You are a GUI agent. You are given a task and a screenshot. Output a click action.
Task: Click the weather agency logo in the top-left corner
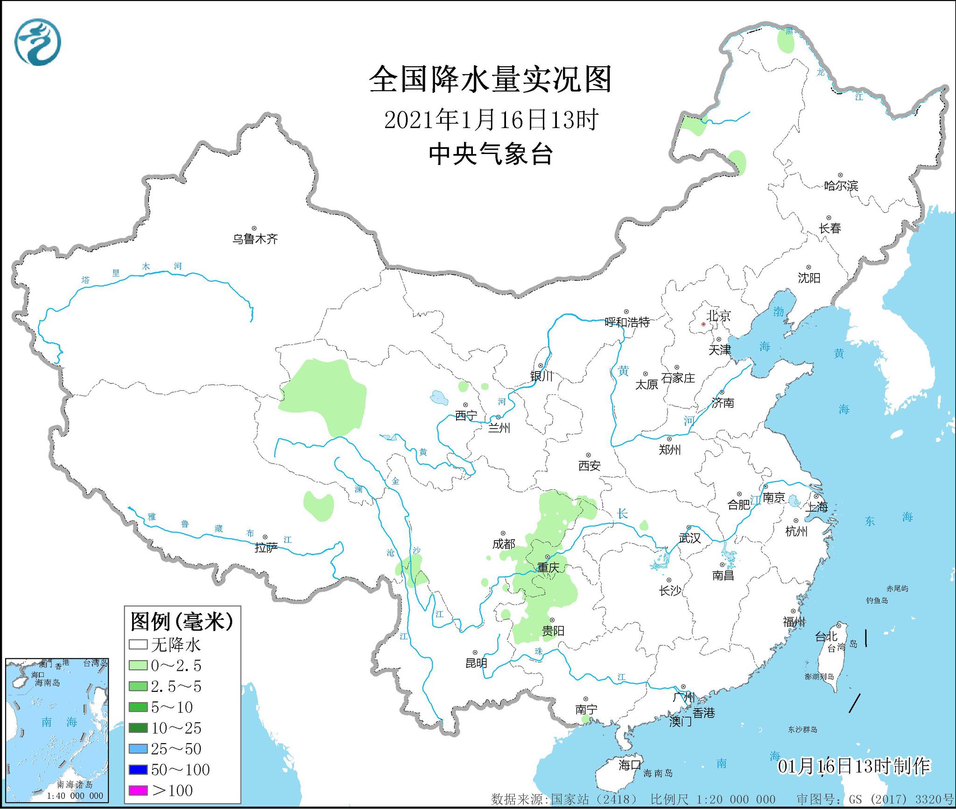coord(38,42)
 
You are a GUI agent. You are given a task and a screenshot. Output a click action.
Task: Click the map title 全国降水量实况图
coord(490,79)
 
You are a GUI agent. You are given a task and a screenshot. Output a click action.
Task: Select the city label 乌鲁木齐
coord(255,239)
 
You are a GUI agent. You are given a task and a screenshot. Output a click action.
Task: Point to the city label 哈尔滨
coord(841,186)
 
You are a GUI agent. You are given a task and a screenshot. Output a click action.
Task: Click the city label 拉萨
coord(266,548)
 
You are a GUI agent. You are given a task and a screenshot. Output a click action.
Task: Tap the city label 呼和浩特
coord(627,322)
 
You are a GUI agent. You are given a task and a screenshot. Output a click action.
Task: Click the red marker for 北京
coord(703,324)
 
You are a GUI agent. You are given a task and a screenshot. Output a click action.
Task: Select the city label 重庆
coord(548,568)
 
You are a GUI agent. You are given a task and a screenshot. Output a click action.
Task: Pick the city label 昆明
coord(476,663)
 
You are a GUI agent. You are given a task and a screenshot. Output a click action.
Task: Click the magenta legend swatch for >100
coord(138,790)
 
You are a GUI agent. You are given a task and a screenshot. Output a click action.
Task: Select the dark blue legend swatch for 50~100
coord(138,769)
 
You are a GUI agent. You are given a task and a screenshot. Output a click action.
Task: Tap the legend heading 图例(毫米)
coord(182,621)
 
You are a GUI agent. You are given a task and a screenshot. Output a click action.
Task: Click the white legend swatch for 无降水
coord(138,645)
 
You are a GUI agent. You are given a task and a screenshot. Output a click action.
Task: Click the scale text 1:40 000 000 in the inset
coord(75,795)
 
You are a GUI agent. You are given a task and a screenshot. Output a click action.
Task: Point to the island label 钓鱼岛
coord(877,600)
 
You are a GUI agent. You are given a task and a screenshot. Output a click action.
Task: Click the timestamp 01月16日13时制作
coord(853,766)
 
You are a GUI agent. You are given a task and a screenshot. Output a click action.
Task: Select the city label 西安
coord(589,465)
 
